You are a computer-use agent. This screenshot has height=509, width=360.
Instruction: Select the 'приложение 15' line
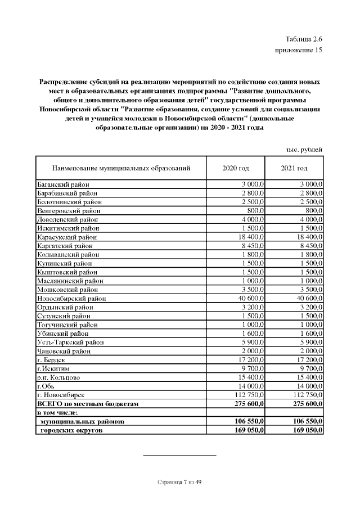tap(299, 50)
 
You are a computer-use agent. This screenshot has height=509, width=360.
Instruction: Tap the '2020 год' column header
tap(236, 168)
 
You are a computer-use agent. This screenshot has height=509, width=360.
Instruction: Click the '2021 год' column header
tap(294, 168)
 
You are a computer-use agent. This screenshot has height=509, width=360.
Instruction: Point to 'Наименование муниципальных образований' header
tap(121, 168)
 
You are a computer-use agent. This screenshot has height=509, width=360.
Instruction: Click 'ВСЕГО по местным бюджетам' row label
tap(87, 404)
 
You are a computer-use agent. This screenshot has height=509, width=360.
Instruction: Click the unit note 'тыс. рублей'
tap(304, 150)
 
